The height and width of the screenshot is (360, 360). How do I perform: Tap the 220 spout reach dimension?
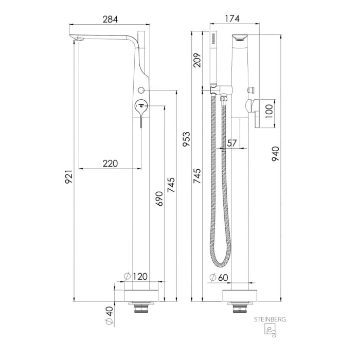point(110,164)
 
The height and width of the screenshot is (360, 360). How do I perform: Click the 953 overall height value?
point(188,139)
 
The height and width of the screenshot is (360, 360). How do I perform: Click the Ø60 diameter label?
point(220,277)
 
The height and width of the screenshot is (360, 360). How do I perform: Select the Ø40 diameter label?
point(109,315)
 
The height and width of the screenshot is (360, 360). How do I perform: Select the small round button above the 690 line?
point(142,90)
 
